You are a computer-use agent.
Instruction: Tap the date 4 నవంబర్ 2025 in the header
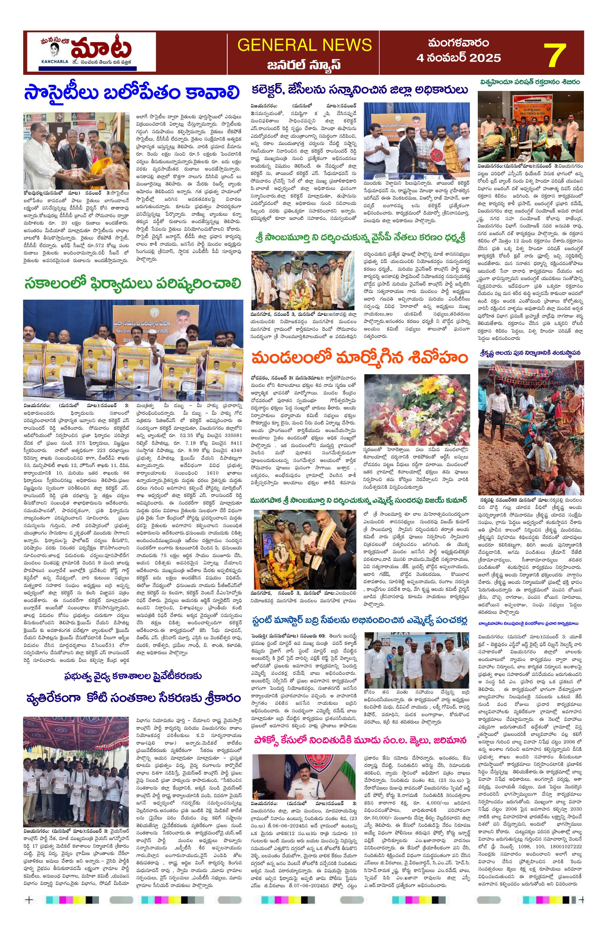[x=459, y=58]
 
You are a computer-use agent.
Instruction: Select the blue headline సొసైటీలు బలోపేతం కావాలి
[x=131, y=94]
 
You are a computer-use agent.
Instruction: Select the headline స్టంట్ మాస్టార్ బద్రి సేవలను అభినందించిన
[x=359, y=620]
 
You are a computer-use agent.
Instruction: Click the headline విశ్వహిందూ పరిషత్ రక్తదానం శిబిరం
[x=531, y=82]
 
